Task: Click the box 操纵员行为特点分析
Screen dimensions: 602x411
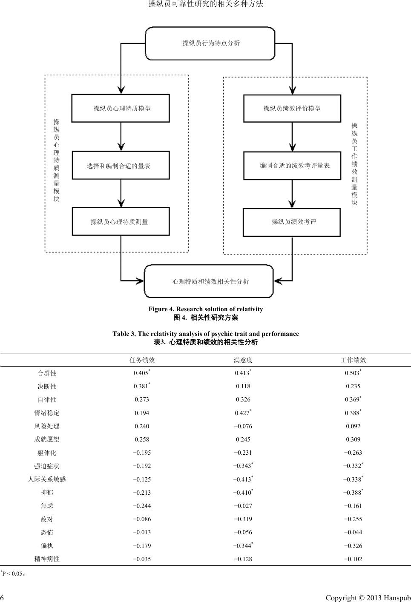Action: point(210,43)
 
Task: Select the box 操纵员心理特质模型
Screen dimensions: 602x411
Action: point(121,108)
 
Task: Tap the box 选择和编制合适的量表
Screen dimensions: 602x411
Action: point(121,165)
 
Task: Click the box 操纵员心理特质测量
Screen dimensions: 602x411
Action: point(121,221)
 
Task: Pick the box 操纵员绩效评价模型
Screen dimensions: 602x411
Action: point(292,108)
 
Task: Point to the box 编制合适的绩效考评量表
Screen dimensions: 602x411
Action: point(292,165)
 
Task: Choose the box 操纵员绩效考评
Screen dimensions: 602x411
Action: point(292,222)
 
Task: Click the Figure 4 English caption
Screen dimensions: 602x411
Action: point(206,309)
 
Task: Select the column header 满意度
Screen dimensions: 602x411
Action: point(243,360)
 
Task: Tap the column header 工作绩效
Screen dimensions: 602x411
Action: point(353,360)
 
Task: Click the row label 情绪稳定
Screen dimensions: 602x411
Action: point(47,413)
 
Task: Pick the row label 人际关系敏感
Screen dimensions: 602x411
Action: point(47,479)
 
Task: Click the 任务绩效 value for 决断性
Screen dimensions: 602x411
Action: point(142,386)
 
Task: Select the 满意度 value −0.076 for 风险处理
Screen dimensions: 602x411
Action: point(243,426)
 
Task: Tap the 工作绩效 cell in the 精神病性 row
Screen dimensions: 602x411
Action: point(353,559)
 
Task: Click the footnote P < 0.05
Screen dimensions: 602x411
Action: point(13,573)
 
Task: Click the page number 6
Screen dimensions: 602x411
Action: point(2,598)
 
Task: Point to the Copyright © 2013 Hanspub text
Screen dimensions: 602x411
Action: point(368,598)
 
